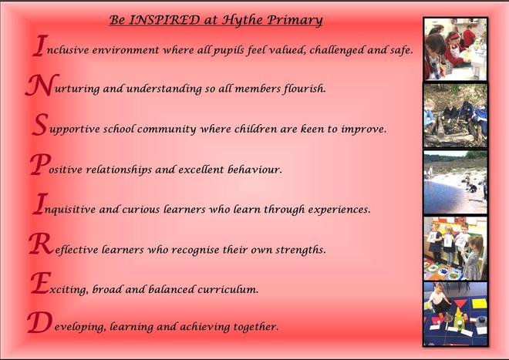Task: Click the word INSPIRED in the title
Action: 164,20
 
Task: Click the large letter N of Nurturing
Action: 42,85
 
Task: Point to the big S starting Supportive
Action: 40,125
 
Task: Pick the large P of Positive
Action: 41,164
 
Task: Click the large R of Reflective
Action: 41,244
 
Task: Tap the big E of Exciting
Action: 41,283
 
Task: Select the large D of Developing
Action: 39,322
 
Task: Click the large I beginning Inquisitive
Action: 40,204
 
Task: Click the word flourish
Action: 305,89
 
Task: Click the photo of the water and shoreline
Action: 455,182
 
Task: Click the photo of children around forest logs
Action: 455,115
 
